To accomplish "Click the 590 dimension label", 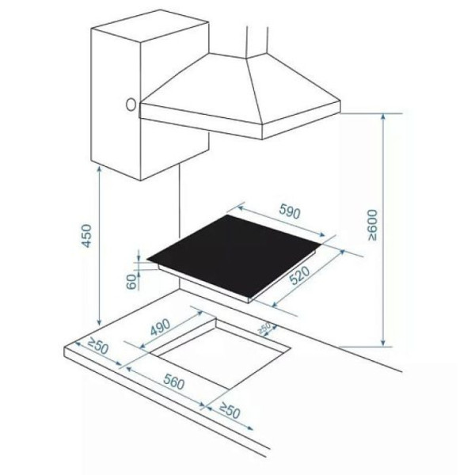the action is (x=290, y=211).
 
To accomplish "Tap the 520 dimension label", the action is (x=300, y=275).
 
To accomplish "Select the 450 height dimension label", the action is (x=86, y=236).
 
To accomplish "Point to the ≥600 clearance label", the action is (x=373, y=225).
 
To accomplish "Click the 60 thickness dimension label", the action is (x=131, y=282).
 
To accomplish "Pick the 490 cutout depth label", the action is (x=161, y=328).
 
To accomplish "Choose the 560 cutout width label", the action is (x=174, y=382).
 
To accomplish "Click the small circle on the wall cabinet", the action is (x=131, y=104).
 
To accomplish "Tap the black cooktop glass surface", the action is (x=234, y=254).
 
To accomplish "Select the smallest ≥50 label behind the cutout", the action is (x=264, y=328).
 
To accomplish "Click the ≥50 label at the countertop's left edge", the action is (x=97, y=346).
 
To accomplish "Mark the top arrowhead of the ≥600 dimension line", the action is (x=383, y=116).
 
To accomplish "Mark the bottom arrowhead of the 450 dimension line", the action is (x=99, y=323).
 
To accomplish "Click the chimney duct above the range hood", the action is (x=257, y=41).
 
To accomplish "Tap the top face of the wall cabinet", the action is (x=150, y=26).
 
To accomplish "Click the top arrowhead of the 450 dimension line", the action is (x=99, y=170).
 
